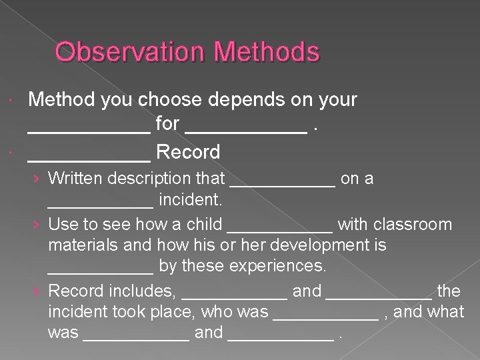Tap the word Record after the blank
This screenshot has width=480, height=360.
187,152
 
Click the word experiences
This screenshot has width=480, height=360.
278,267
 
